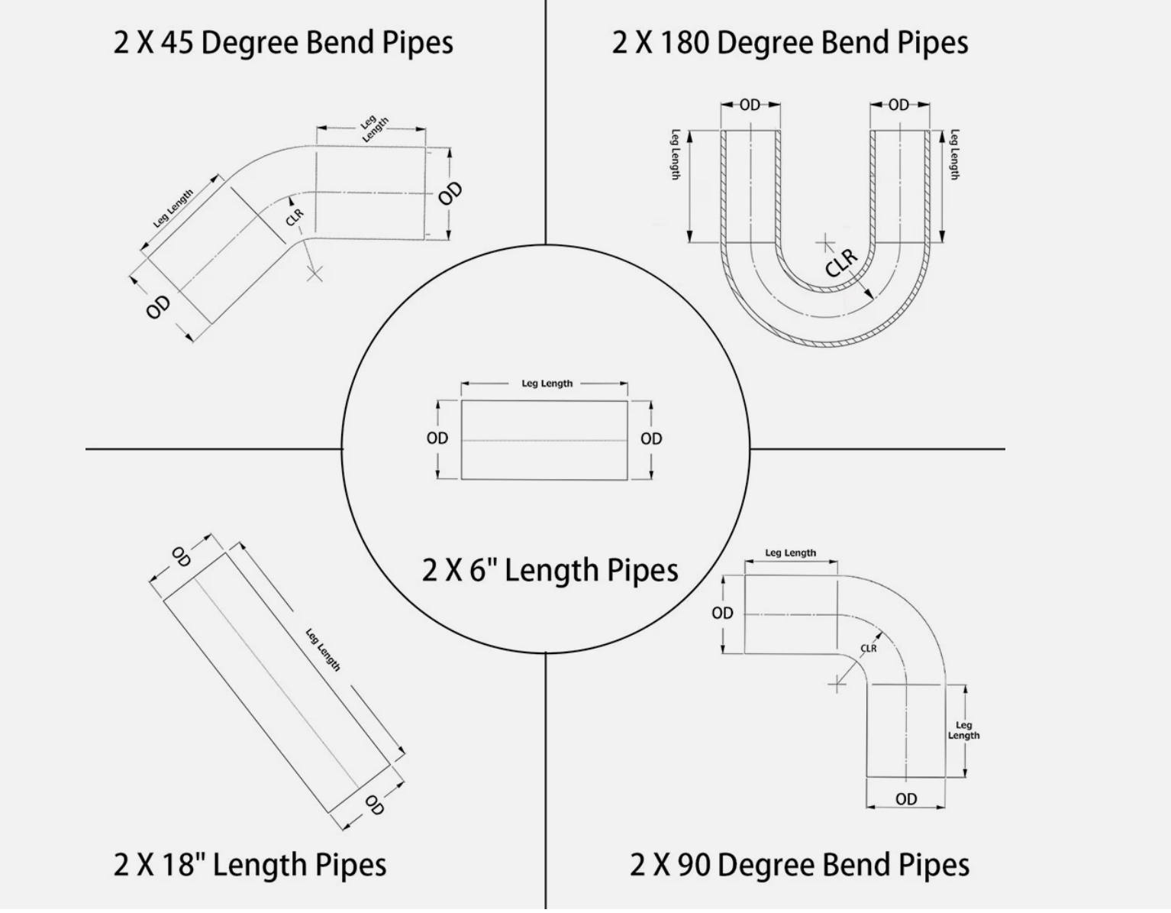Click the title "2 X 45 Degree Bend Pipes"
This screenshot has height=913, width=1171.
coord(283,42)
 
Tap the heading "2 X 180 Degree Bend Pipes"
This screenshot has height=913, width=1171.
coord(790,42)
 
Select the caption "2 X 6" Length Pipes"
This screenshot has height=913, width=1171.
coord(550,570)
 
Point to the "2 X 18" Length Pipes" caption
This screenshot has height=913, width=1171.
coord(250,865)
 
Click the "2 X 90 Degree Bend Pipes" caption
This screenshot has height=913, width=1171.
coord(799,865)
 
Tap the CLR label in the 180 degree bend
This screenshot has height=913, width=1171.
coord(841,262)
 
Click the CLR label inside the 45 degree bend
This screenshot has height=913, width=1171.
coord(295,217)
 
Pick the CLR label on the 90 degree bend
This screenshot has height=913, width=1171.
coord(869,649)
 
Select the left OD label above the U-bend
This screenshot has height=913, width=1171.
coord(750,105)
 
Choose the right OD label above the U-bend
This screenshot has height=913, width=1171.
coord(898,105)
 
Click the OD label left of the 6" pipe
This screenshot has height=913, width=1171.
coord(437,439)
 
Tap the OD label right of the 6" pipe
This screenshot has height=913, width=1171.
coord(651,439)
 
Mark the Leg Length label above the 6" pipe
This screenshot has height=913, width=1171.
coord(547,384)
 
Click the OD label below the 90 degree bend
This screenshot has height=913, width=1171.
coord(906,799)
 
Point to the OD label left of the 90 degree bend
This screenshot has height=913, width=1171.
coord(722,613)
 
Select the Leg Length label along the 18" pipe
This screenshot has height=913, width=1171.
coord(323,649)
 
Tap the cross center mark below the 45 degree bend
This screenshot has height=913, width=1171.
coord(315,273)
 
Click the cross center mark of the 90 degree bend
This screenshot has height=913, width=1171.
coord(837,684)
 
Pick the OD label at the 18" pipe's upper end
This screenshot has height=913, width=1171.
coord(181,557)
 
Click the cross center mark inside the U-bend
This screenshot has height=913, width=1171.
coord(825,244)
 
